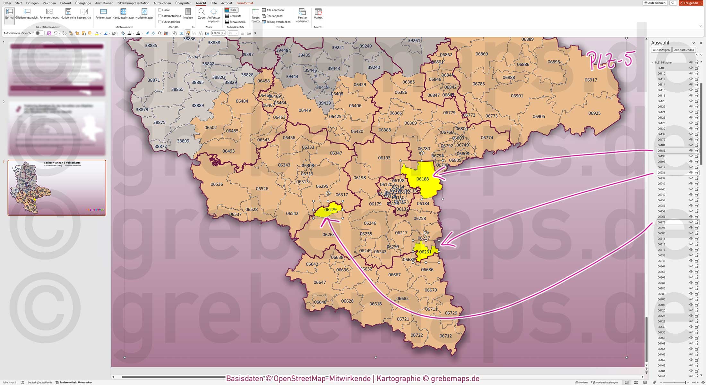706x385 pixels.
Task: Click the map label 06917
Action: (590, 80)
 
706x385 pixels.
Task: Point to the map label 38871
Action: (153, 80)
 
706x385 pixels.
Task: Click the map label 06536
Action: (217, 184)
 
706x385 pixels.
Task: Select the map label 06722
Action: (417, 335)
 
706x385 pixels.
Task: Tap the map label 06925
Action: (594, 113)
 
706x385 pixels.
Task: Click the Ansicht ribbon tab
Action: (201, 3)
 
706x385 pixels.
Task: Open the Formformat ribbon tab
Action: (245, 3)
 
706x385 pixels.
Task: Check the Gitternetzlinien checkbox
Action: (160, 16)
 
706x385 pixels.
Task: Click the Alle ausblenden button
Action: (684, 50)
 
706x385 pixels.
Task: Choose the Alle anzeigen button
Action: (661, 50)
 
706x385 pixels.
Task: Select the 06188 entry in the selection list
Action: (661, 151)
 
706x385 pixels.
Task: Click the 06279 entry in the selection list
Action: (661, 222)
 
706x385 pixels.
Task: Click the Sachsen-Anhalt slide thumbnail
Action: (57, 188)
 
